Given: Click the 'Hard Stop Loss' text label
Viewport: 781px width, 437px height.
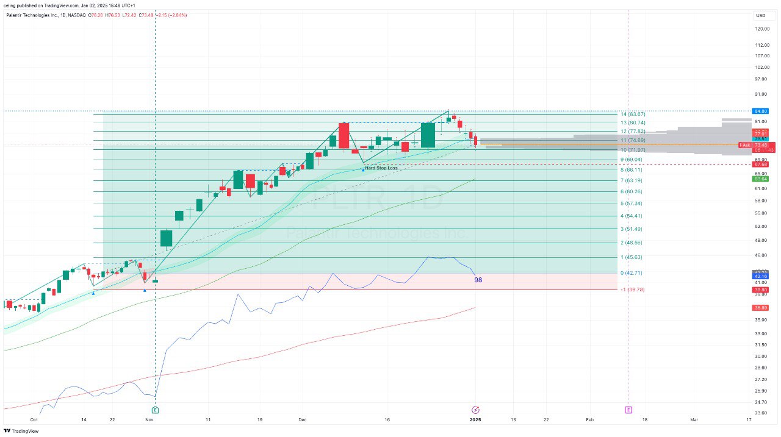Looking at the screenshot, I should [x=381, y=168].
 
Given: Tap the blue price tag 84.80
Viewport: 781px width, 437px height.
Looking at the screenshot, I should [x=760, y=111].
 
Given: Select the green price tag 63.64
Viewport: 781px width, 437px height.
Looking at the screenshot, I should [x=760, y=179].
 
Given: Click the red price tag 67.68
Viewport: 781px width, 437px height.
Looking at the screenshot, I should [x=760, y=164].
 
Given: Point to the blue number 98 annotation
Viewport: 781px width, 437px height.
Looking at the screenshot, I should [x=478, y=280].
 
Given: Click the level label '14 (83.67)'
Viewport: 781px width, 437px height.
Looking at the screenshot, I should [x=633, y=114].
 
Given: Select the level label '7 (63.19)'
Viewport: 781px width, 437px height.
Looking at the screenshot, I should [x=631, y=180].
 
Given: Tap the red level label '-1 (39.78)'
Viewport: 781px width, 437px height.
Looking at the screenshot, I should [x=632, y=290].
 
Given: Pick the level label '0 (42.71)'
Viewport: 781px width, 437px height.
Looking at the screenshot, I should [x=631, y=273].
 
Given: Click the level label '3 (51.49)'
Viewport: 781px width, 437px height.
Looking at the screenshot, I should [x=631, y=229].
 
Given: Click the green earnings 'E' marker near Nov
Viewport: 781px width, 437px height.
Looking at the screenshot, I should [x=155, y=410].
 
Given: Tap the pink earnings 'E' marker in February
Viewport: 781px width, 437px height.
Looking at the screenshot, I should [x=628, y=410].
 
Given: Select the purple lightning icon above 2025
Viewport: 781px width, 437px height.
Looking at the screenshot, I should [x=476, y=410].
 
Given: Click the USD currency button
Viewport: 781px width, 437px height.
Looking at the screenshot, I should [x=761, y=15].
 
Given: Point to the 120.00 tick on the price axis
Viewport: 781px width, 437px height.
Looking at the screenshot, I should [x=760, y=29].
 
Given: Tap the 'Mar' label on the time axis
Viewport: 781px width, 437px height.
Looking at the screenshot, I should [x=694, y=420].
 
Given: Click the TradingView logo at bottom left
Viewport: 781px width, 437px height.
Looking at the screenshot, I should [x=21, y=431].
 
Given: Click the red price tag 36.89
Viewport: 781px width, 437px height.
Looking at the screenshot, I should [x=760, y=308].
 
